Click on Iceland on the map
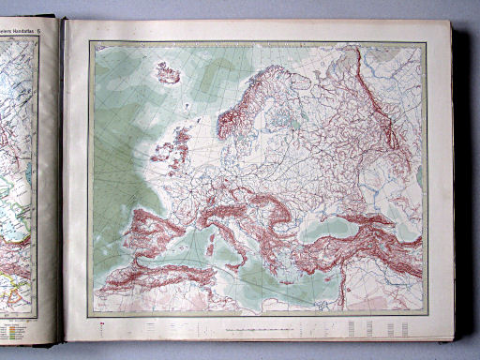pos(167,73)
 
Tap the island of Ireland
pos(159,151)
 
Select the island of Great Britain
pos(179,150)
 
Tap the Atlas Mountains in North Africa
pos(150,277)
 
